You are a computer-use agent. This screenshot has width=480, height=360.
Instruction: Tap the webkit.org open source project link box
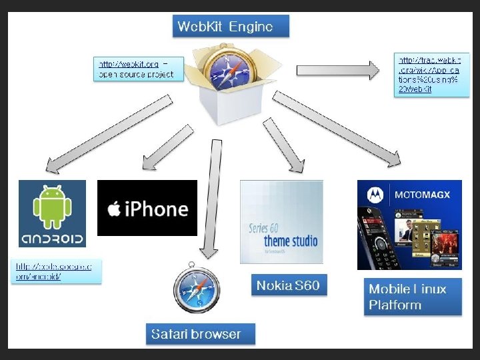139,69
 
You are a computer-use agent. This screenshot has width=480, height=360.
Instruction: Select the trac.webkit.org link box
428,74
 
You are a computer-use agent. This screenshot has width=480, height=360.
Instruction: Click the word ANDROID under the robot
52,239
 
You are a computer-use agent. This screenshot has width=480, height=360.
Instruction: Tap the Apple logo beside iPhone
114,209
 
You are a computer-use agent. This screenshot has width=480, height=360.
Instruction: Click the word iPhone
156,209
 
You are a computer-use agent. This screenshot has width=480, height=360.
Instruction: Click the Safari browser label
200,333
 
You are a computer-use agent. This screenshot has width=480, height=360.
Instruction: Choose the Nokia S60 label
288,286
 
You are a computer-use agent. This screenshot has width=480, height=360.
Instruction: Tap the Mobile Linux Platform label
412,297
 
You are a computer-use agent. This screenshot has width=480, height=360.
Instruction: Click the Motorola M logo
375,195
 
